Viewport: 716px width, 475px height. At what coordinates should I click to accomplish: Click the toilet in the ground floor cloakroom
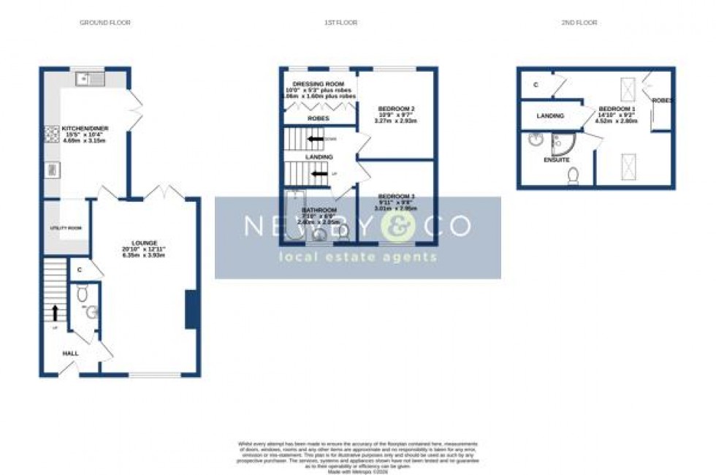point(83,294)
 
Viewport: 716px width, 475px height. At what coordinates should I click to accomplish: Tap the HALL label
point(70,354)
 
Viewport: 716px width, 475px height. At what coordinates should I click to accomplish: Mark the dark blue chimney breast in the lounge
point(191,309)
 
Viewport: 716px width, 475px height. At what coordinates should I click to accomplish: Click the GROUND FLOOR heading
point(105,23)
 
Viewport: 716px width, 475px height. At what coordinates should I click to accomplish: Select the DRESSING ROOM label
point(319,85)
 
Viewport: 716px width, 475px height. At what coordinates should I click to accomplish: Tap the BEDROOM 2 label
point(396,109)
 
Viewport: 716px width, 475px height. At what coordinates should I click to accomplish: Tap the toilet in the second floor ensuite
point(574,175)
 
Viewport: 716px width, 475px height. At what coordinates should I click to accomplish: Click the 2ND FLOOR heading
point(579,23)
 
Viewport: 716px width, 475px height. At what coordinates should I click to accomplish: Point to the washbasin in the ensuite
point(534,140)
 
